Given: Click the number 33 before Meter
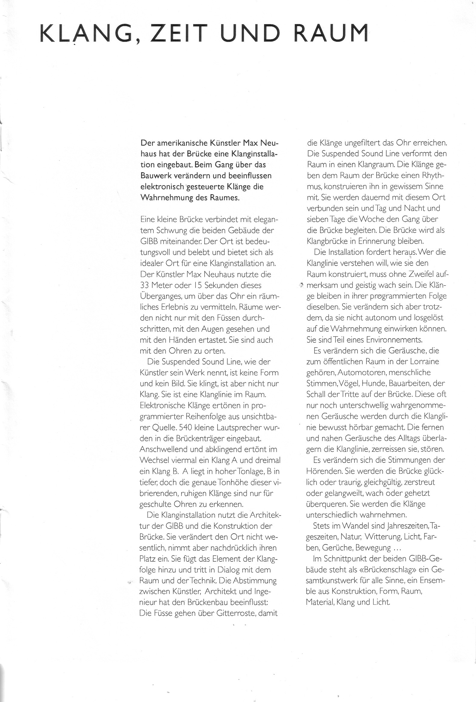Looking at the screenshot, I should tap(145, 285).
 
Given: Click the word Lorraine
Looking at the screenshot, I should tap(424, 361).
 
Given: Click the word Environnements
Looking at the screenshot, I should tap(394, 339).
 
